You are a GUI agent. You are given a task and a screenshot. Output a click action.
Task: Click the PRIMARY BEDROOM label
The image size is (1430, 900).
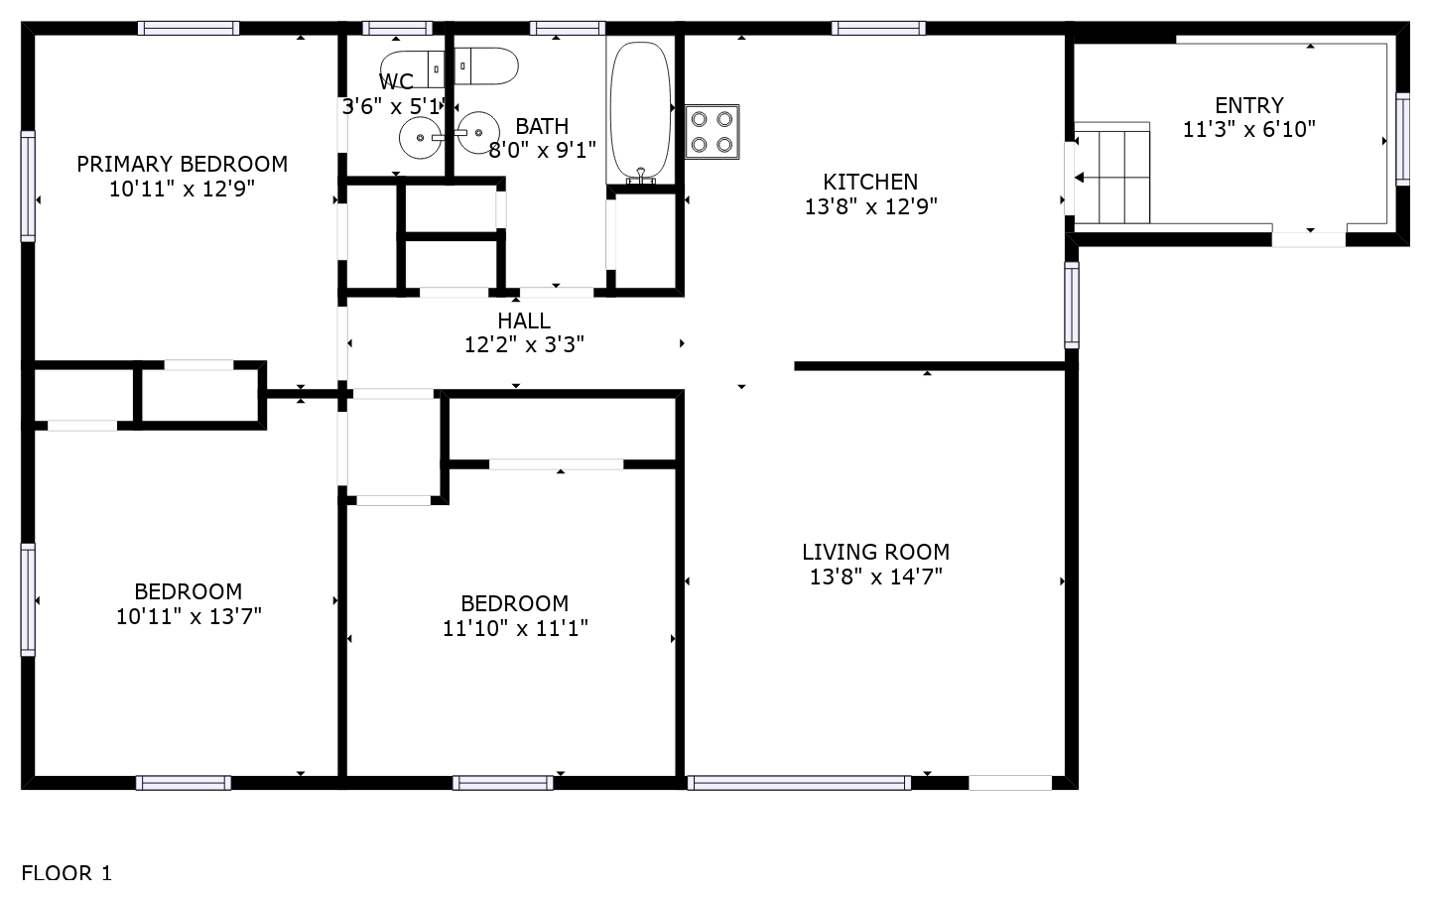182,164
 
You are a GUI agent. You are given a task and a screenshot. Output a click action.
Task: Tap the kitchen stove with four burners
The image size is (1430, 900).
712,132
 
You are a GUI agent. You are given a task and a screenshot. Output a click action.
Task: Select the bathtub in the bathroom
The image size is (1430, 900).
640,112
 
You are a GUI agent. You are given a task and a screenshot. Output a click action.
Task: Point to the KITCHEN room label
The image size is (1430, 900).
870,182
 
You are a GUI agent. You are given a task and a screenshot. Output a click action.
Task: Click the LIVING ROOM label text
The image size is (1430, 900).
876,552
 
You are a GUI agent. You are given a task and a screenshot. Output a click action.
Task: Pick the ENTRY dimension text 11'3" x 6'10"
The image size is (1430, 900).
1249,130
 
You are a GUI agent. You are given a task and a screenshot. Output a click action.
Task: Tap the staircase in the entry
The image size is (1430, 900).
1112,173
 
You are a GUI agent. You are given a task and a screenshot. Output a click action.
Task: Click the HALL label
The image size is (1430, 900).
524,321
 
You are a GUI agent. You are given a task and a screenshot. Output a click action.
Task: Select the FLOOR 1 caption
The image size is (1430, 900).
66,872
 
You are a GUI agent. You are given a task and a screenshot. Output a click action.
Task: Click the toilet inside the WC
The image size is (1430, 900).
413,68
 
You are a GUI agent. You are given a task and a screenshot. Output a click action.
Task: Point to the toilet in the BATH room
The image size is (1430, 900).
486,65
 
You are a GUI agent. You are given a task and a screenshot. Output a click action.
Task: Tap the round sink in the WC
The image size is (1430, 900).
420,138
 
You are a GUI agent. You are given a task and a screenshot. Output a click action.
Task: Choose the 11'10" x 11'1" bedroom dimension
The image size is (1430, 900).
515,628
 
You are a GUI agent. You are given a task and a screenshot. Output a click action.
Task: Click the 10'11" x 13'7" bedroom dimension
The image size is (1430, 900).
189,616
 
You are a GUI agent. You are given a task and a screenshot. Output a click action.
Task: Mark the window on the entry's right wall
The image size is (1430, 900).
1402,139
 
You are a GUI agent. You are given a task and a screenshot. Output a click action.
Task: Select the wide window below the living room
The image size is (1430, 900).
799,783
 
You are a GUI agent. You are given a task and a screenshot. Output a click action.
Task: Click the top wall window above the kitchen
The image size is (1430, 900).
878,28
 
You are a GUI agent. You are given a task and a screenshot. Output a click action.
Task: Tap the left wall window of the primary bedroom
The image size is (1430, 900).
28,187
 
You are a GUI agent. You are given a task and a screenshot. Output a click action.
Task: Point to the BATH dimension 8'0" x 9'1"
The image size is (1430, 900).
542,150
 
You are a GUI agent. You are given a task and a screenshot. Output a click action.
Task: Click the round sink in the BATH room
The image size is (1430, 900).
478,133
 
